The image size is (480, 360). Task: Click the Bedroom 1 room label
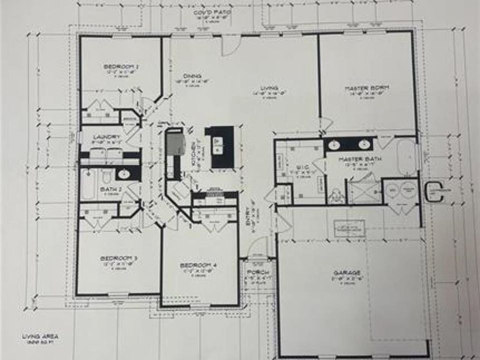(x=121, y=66)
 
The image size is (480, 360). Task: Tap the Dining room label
(x=192, y=76)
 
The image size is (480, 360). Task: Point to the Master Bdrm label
(x=367, y=88)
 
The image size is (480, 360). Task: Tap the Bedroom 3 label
(x=118, y=258)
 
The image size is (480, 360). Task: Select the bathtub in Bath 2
(x=88, y=184)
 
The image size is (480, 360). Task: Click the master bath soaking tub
(x=406, y=156)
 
